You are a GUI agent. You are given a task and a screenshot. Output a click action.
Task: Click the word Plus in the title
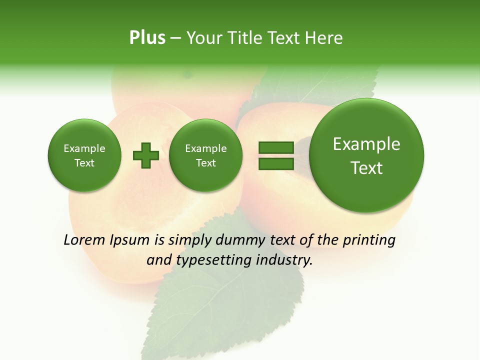(x=147, y=38)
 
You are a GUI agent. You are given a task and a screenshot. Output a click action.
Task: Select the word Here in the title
(x=324, y=38)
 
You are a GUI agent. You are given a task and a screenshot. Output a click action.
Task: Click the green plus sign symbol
(x=146, y=155)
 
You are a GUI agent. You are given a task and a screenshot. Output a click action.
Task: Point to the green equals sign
(x=275, y=155)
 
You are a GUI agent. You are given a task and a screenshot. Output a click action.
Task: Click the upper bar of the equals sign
(x=275, y=147)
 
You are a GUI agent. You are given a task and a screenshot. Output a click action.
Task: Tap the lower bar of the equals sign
(x=275, y=163)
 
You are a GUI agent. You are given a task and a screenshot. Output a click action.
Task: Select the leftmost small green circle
(x=84, y=155)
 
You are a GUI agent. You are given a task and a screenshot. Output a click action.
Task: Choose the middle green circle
(x=205, y=155)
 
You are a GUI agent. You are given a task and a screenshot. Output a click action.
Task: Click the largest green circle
(x=366, y=155)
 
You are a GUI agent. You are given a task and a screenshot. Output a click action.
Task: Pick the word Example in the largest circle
(x=366, y=144)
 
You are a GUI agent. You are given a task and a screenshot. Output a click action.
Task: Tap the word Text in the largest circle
(x=366, y=168)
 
